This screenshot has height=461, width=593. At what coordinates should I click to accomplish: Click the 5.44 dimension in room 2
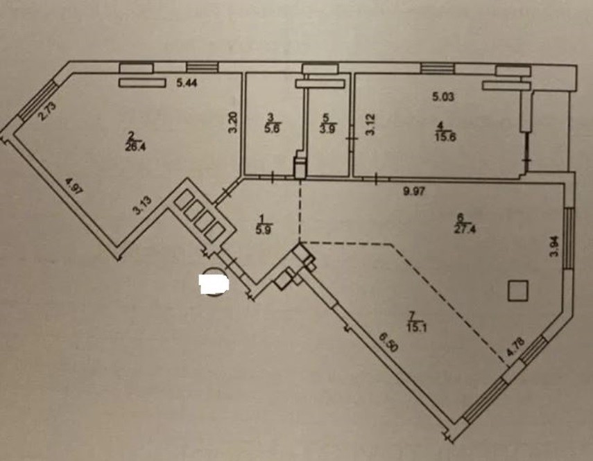[187, 84]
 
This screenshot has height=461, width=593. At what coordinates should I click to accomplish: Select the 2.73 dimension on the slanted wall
[45, 112]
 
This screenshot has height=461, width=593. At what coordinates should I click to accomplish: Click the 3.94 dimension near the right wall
[553, 247]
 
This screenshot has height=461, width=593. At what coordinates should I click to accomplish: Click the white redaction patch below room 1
[214, 283]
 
